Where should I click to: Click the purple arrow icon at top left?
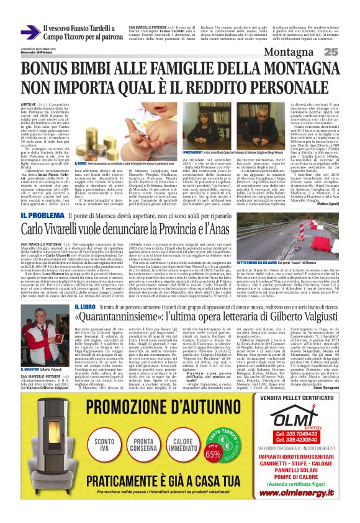[29, 32]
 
